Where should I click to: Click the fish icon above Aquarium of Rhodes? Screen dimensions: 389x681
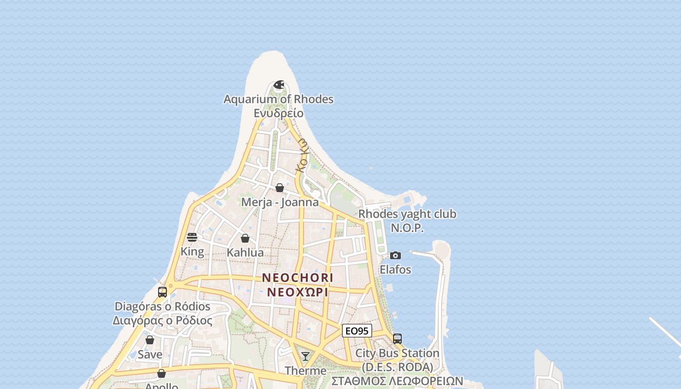[x=279, y=86]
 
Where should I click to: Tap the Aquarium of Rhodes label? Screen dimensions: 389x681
[x=278, y=99]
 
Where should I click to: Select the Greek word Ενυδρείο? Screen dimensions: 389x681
[x=278, y=113]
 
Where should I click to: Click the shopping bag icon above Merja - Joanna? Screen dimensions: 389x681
[x=280, y=188]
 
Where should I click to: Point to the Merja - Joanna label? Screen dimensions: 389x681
[x=280, y=202]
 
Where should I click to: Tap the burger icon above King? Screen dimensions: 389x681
[x=192, y=237]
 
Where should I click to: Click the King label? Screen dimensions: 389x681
[x=192, y=251]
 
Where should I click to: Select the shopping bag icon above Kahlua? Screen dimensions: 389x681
[x=245, y=238]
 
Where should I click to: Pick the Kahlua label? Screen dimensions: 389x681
[x=245, y=252]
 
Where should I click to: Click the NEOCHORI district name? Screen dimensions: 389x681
[x=298, y=278]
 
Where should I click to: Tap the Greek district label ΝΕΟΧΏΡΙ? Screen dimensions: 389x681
[x=298, y=292]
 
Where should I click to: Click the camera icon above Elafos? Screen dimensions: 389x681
[x=395, y=255]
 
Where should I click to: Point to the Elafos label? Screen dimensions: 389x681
[x=395, y=269]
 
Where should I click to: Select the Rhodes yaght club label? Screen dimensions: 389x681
[x=407, y=214]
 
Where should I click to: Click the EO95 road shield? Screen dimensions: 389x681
[x=357, y=331]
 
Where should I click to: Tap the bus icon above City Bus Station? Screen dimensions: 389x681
[x=397, y=338]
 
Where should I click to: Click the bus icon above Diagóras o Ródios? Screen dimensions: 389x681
[x=162, y=292]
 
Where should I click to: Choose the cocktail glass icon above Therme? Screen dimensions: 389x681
[x=305, y=356]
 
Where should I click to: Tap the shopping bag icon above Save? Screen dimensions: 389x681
[x=150, y=340]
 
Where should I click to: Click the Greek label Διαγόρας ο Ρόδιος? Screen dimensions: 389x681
[x=162, y=321]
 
